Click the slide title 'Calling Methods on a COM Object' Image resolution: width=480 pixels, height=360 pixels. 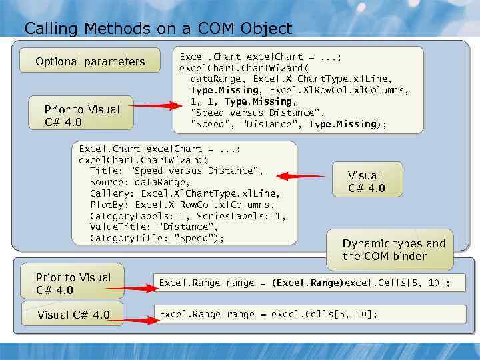(158, 29)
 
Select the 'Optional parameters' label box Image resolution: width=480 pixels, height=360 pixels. (90, 61)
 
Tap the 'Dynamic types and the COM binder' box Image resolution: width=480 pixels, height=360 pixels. (393, 250)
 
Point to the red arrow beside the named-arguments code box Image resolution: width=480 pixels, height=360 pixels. (300, 177)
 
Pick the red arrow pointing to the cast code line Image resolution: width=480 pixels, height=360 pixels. (131, 288)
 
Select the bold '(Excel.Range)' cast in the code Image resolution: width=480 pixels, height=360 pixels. (307, 283)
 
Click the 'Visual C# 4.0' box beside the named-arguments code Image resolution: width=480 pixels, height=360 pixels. (367, 182)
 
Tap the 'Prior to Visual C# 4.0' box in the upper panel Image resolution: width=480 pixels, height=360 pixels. (81, 115)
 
